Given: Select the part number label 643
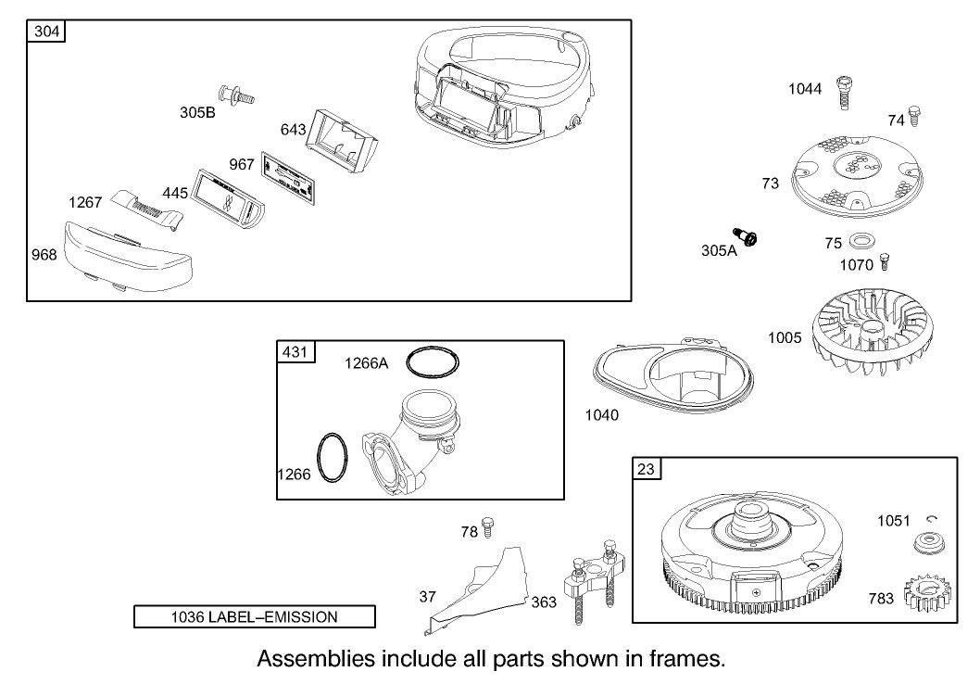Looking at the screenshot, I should pos(293,130).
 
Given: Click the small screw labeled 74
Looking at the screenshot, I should pos(914,116).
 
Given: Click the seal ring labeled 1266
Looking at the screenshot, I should pos(333,457).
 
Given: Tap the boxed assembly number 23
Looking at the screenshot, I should pos(646,469).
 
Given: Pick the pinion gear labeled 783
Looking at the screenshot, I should pos(924,594).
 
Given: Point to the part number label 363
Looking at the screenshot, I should pos(544,602).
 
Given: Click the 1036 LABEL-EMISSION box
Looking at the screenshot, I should pos(255,616).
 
